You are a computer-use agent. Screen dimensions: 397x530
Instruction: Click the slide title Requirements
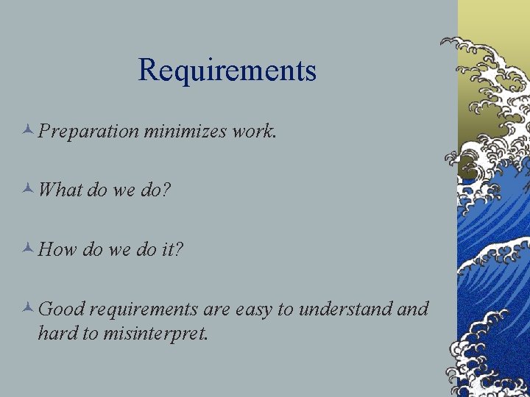(227, 71)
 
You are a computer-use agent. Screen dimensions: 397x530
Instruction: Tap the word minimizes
(185, 131)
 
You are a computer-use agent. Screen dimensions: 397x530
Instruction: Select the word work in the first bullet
(252, 131)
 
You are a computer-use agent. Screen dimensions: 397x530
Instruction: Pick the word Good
(62, 309)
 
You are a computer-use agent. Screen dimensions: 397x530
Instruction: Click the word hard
(57, 333)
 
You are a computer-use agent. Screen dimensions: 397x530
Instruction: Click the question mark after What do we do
(166, 190)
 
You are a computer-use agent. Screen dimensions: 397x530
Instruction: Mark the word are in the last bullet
(217, 310)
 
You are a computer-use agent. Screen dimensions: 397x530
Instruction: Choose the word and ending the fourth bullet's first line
(413, 309)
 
